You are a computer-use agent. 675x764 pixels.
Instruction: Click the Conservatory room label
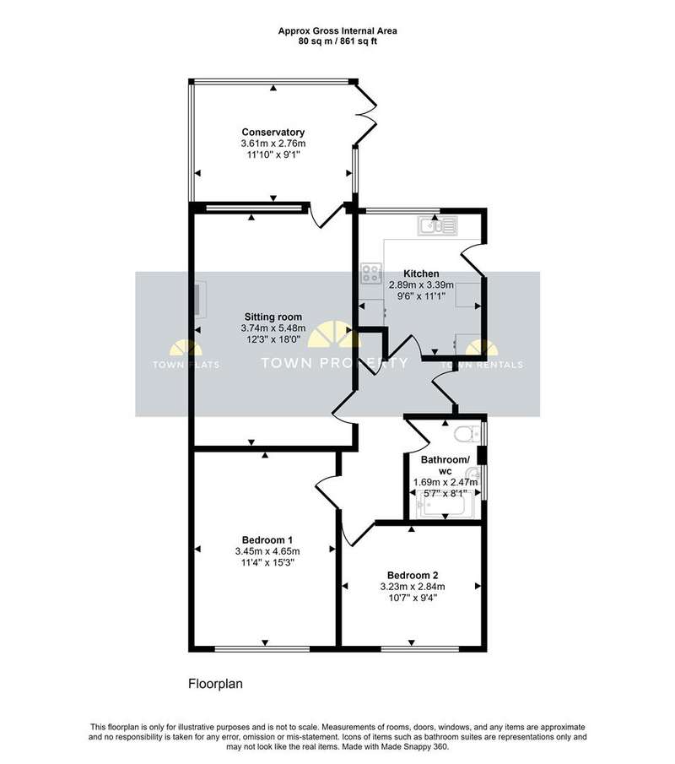click(273, 132)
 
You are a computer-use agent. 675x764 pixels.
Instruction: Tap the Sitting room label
click(273, 317)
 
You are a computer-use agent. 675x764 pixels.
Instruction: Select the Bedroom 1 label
click(267, 540)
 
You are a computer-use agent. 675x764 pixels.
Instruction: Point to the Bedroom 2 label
click(413, 575)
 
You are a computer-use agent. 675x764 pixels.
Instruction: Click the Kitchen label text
click(421, 274)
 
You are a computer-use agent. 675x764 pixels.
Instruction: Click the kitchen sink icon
click(437, 226)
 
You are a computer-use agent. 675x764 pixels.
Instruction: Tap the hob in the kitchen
click(371, 274)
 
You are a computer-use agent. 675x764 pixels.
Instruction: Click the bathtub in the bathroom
click(446, 504)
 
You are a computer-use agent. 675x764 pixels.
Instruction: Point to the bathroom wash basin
click(472, 474)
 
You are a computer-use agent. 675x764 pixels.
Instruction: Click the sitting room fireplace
click(200, 299)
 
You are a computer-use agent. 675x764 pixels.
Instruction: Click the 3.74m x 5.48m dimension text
click(273, 328)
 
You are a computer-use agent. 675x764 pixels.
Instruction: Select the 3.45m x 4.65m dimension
click(267, 551)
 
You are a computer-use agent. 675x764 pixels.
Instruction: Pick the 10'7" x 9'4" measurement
click(413, 598)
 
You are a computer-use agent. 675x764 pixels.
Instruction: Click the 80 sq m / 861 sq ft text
click(337, 41)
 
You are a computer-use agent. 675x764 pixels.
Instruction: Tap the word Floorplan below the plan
click(215, 684)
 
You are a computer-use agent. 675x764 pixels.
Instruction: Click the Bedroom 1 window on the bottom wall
click(262, 648)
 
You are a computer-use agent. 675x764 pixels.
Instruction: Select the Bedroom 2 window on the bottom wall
click(420, 648)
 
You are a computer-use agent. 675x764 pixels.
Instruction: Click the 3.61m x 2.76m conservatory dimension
click(273, 144)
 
